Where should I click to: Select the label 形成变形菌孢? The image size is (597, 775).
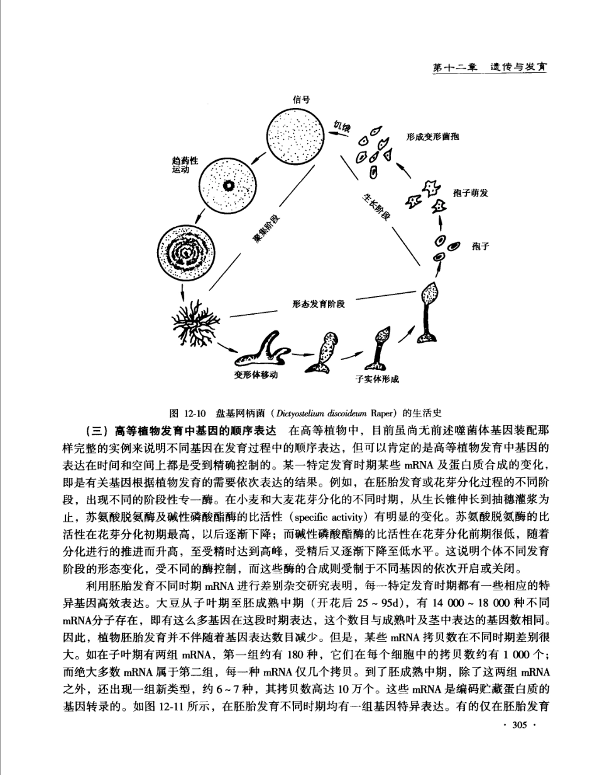[432, 138]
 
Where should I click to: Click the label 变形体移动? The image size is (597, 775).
[256, 375]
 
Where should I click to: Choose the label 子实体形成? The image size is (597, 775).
[377, 379]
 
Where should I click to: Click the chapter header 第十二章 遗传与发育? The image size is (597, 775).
[489, 67]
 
